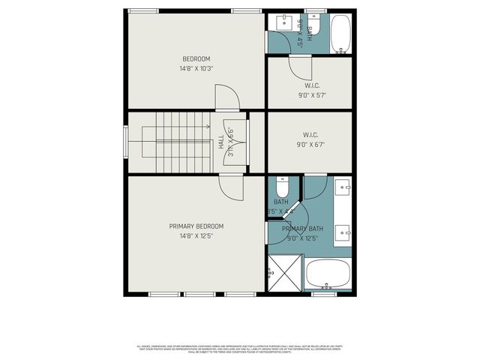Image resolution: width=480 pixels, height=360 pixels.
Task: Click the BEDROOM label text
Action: point(196,58)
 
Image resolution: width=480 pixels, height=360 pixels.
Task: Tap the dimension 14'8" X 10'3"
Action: point(196,68)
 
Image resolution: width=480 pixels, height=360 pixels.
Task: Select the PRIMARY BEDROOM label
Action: point(196,226)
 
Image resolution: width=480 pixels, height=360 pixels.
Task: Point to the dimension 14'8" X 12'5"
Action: point(196,236)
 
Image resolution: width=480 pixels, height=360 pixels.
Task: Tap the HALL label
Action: point(222,140)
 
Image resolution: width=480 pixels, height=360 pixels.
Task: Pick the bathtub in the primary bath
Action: point(328,275)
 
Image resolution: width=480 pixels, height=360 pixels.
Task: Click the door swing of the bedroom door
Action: point(227,97)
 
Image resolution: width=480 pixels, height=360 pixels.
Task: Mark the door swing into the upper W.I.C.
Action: point(301,69)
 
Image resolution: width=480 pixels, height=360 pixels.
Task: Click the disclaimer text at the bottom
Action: point(239,349)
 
